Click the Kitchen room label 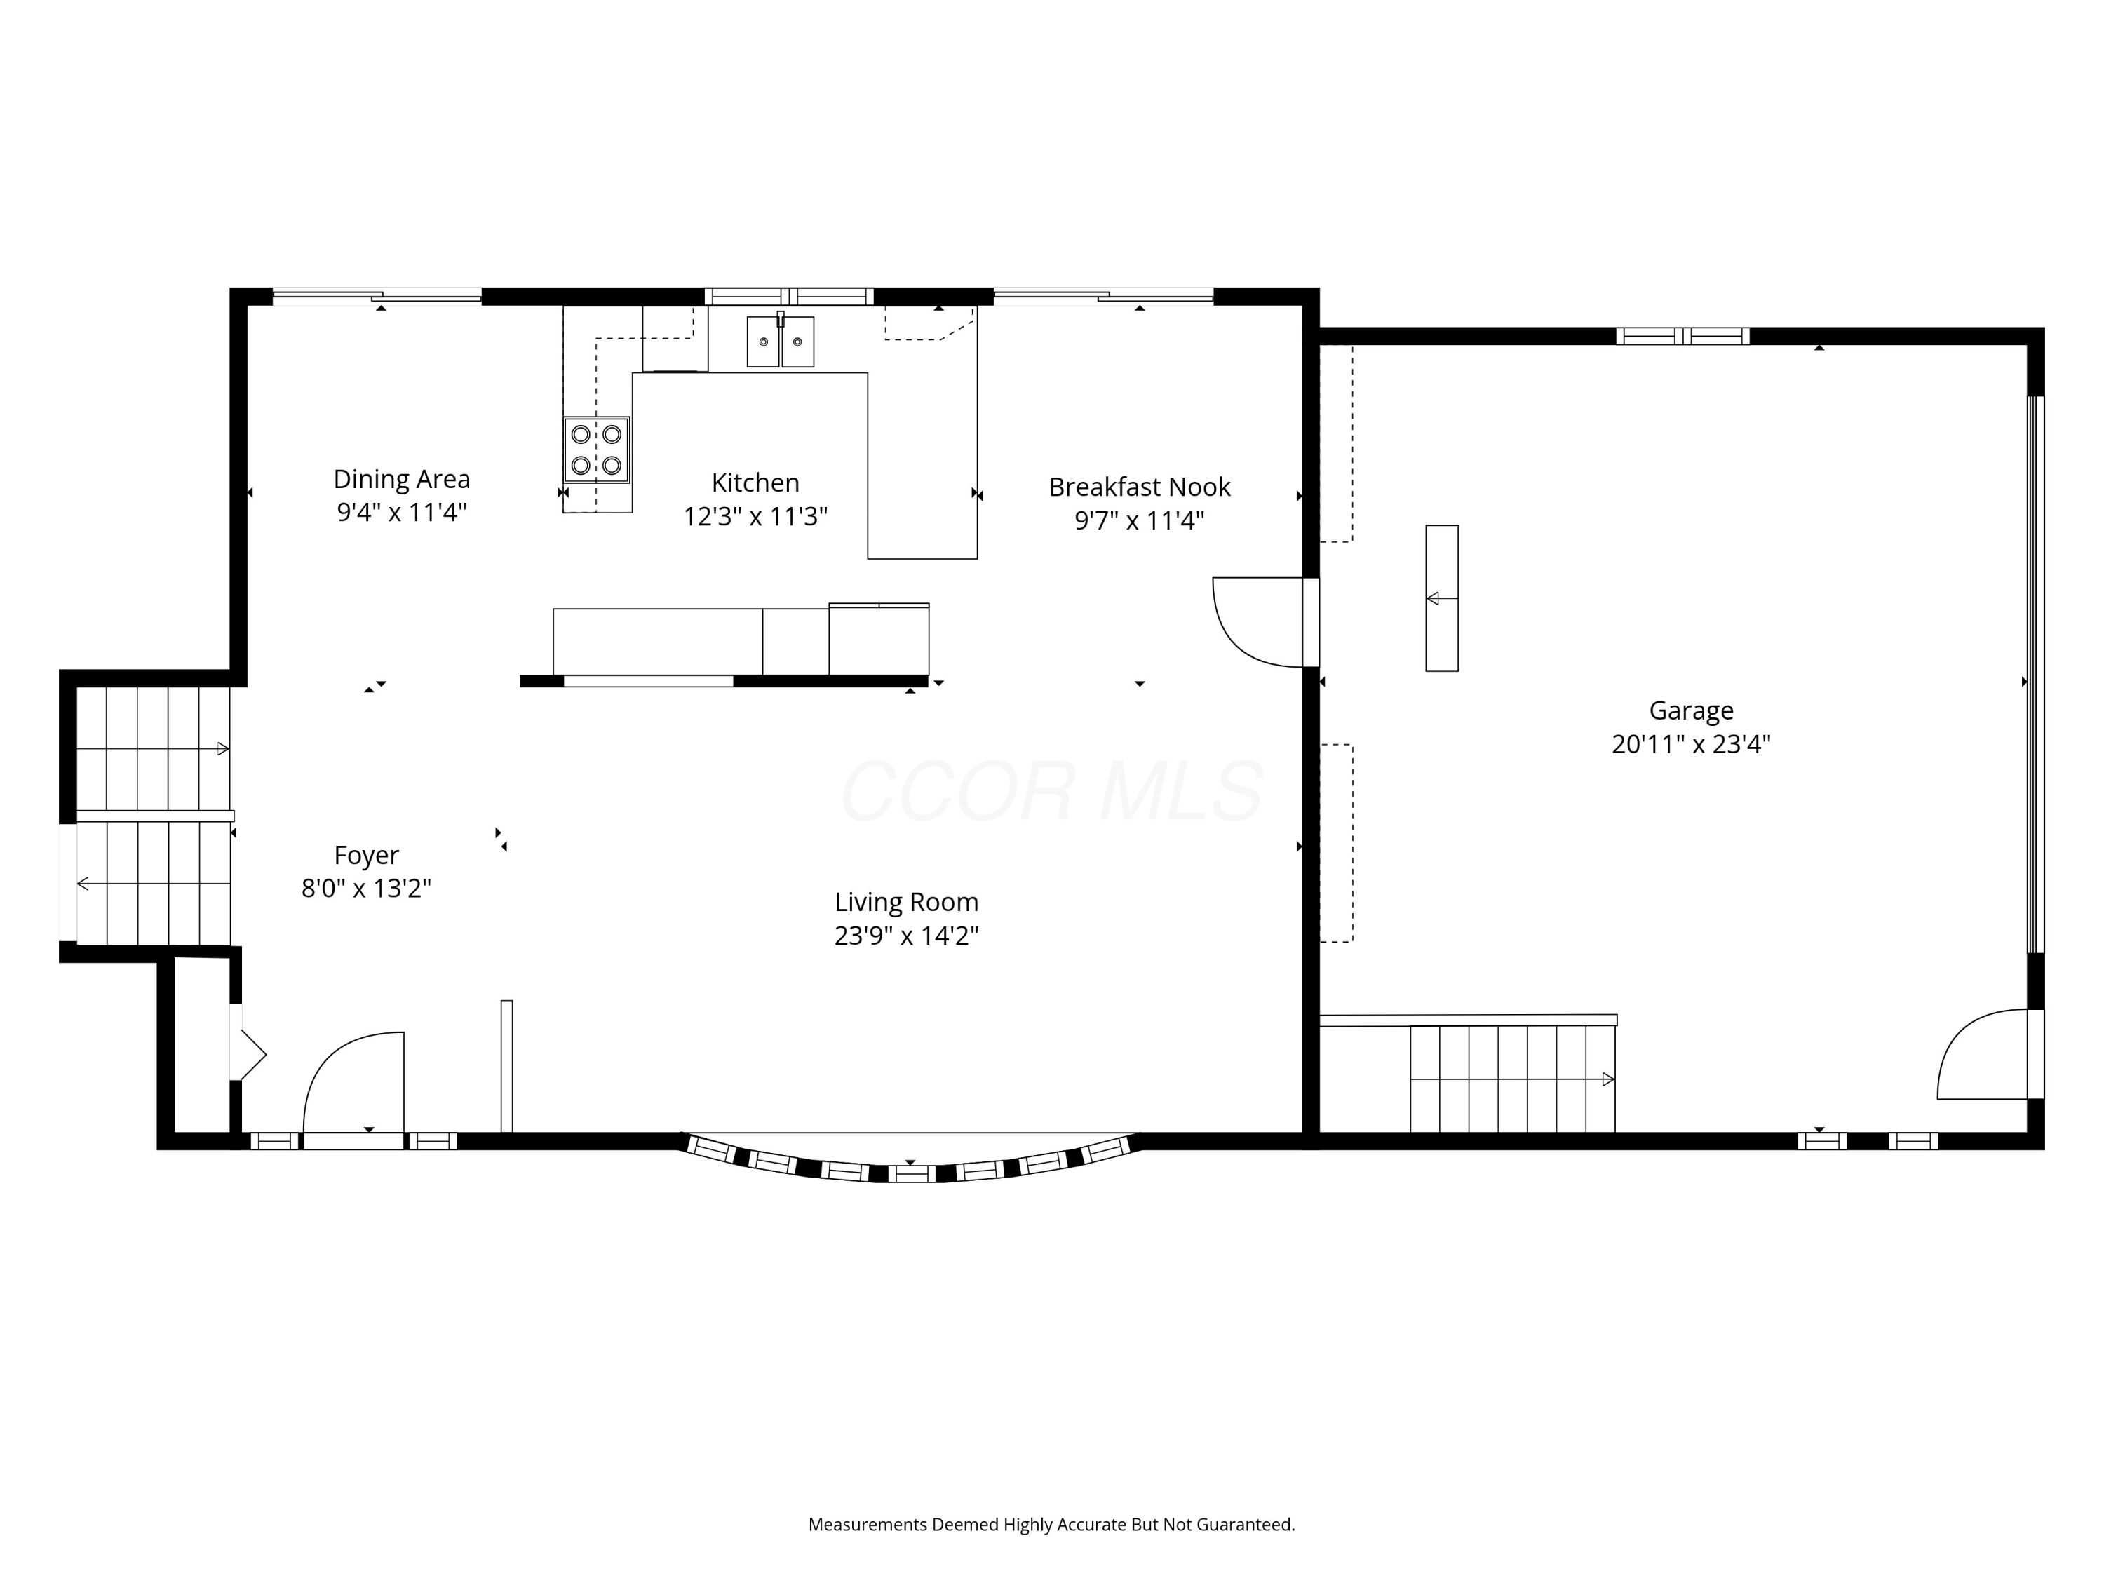[755, 483]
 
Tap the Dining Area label [401, 478]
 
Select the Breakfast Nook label [1140, 487]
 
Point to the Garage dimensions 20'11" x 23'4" [1691, 744]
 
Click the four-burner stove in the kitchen [596, 450]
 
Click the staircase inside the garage [1512, 1079]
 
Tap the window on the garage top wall [1682, 336]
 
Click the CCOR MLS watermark [1052, 791]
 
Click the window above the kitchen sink [788, 296]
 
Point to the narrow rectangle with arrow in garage [1441, 598]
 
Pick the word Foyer [366, 855]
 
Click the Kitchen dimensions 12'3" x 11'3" [755, 516]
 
